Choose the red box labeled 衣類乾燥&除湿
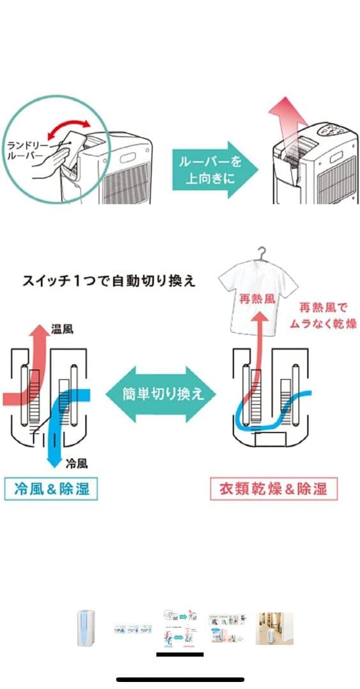click(x=273, y=489)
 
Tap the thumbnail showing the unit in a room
click(x=274, y=628)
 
